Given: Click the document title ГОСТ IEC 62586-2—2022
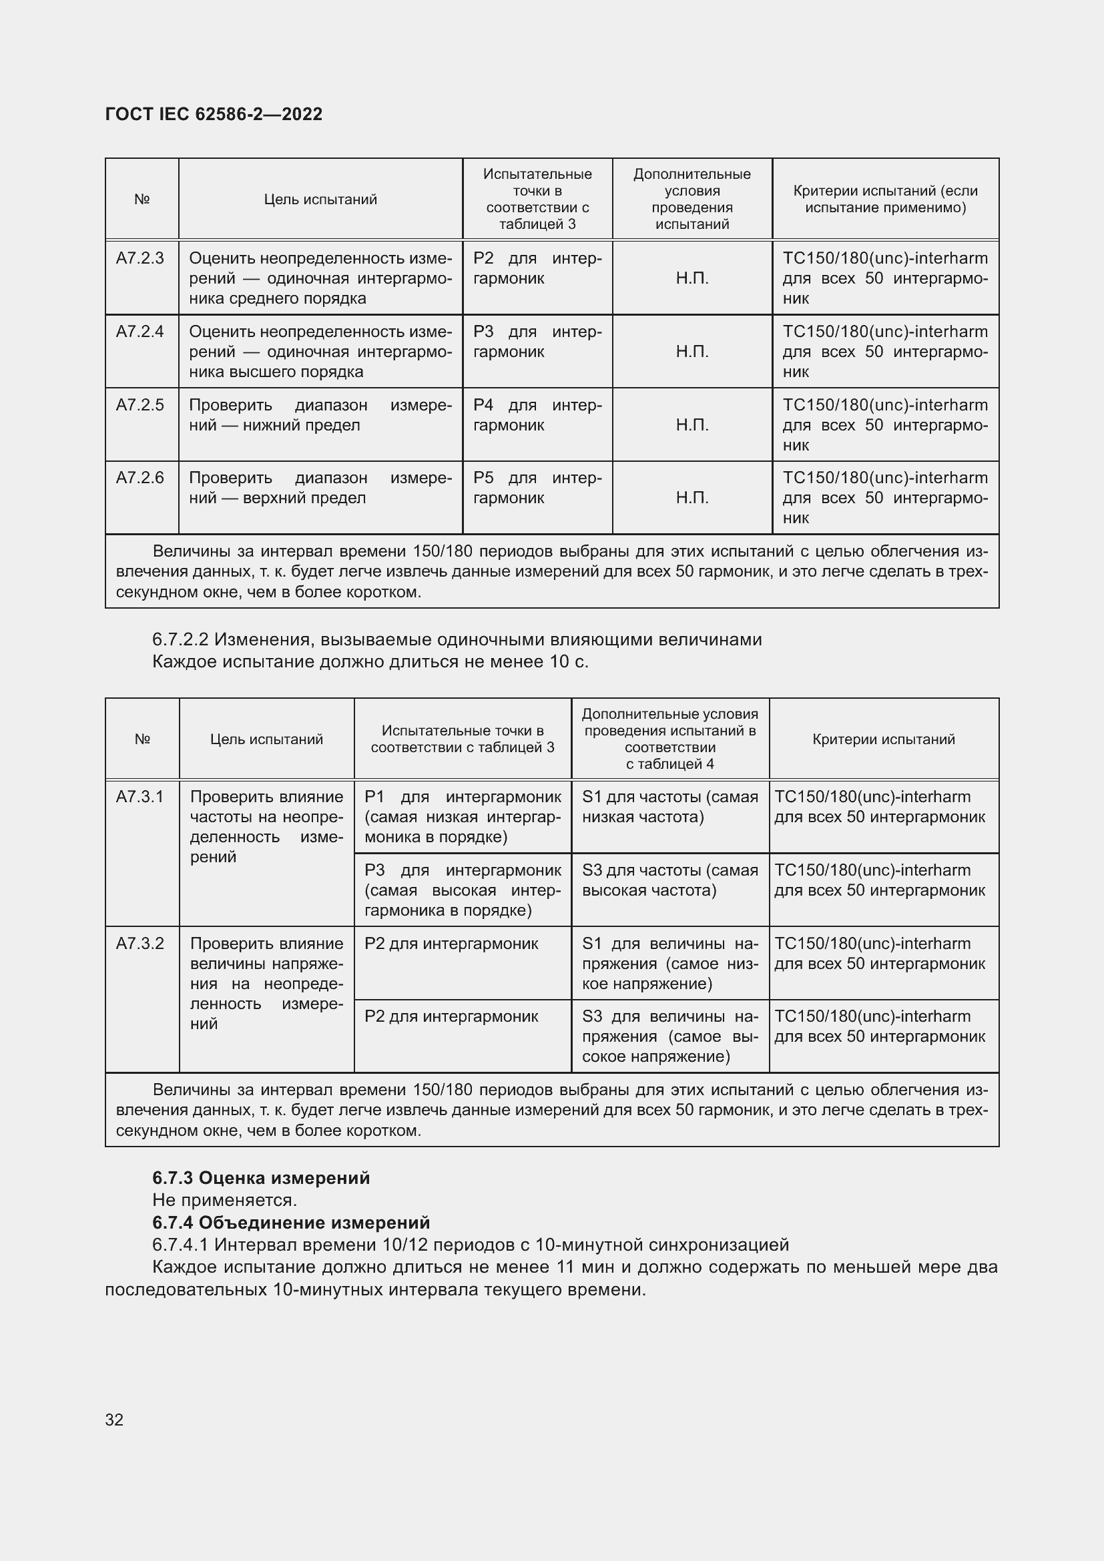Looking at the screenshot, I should [214, 114].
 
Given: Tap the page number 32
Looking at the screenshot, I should [114, 1420].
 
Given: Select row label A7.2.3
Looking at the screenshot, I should [140, 258].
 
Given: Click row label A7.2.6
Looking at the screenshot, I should [140, 478].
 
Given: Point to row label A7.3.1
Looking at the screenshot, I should [140, 797].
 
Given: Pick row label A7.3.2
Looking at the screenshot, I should [140, 944].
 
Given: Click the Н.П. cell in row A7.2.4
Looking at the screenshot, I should [692, 352].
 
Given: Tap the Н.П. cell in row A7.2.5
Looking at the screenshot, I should [692, 425].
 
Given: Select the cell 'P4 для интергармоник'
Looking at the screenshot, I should [537, 415].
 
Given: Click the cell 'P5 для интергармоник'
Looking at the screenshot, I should [537, 488].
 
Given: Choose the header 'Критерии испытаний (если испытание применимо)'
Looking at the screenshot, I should [885, 199].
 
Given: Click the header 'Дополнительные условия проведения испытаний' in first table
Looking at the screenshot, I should [692, 199].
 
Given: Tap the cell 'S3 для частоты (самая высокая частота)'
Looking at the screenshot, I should [669, 880].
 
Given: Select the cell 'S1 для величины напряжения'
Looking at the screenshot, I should [669, 964].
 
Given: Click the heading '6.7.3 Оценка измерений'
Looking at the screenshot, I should [261, 1178].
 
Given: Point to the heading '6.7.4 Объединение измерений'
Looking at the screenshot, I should [291, 1223].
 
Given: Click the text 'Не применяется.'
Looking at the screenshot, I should [225, 1200].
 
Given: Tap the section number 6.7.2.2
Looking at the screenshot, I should [180, 640].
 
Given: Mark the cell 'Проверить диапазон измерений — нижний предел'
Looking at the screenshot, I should [320, 415].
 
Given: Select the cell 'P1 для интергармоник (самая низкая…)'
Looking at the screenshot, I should [463, 816].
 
